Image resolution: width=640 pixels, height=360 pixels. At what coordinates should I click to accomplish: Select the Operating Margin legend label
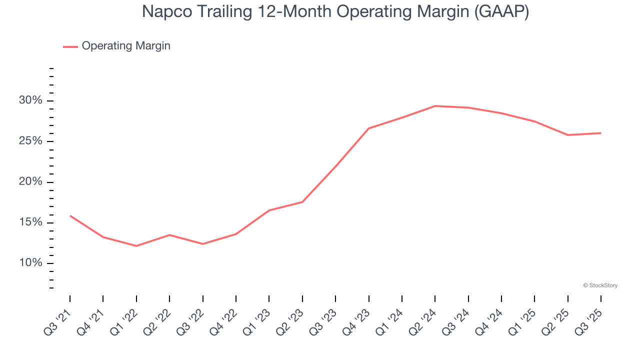pyautogui.click(x=126, y=46)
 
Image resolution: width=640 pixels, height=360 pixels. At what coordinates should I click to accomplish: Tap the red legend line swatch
pyautogui.click(x=70, y=46)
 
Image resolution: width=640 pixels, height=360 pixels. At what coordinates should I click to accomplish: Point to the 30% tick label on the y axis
pyautogui.click(x=30, y=100)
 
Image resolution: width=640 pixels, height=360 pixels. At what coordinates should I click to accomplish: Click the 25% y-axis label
pyautogui.click(x=30, y=141)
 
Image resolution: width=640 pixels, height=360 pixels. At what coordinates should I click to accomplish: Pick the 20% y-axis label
pyautogui.click(x=30, y=182)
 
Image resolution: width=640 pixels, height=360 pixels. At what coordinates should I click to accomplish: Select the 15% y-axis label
pyautogui.click(x=30, y=222)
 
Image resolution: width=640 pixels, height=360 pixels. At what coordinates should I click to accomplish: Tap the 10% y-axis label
pyautogui.click(x=30, y=263)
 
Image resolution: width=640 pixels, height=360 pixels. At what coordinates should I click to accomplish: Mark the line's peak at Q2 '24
pyautogui.click(x=435, y=106)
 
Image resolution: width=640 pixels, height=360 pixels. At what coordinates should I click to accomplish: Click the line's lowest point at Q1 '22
pyautogui.click(x=136, y=246)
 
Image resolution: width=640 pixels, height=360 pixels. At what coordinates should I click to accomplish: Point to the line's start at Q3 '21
pyautogui.click(x=70, y=215)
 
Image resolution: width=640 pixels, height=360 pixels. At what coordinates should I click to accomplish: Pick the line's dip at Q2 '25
pyautogui.click(x=568, y=135)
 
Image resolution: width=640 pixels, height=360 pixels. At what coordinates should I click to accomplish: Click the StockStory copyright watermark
pyautogui.click(x=600, y=285)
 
